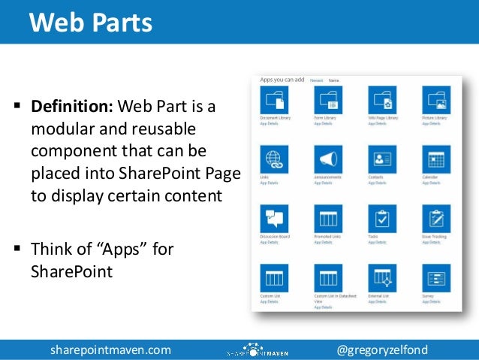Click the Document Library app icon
pos(274,100)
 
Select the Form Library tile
pos(328,100)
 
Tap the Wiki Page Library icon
pos(382,100)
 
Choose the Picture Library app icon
pos(436,100)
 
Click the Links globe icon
pos(274,159)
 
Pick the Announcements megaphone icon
pos(328,159)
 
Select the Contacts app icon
pos(382,159)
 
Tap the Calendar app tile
pos(436,159)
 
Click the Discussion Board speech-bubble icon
pos(274,219)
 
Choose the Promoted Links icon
pos(328,219)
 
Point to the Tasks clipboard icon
pos(382,219)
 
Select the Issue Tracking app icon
pos(436,219)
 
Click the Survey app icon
pos(436,278)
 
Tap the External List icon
pos(382,278)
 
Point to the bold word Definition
pos(72,106)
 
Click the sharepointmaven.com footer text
pos(110,349)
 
